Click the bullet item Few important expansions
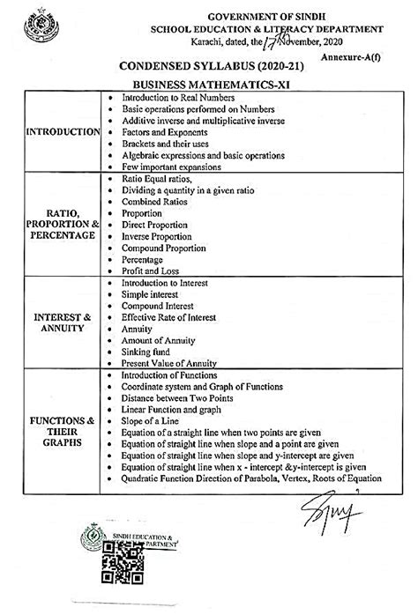(x=171, y=166)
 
